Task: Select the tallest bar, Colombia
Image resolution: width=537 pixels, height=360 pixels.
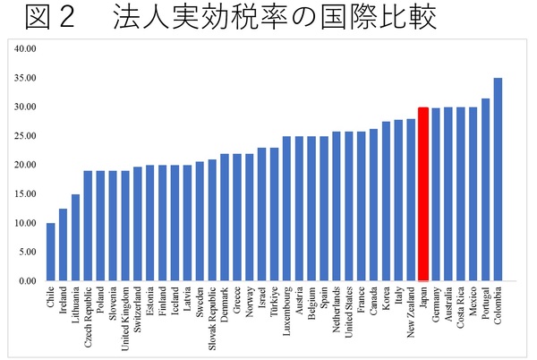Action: click(498, 179)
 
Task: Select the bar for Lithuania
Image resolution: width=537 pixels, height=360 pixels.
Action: click(76, 237)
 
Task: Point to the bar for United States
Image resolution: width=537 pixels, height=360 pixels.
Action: click(348, 206)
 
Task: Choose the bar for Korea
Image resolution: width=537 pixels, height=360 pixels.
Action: click(386, 201)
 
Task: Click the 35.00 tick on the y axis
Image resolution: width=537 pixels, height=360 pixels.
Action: click(24, 78)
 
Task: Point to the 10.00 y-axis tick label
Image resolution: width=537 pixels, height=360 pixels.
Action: click(24, 223)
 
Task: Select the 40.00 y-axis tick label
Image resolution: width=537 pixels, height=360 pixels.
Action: click(24, 48)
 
